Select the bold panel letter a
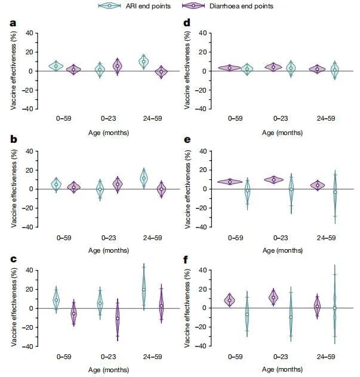13,24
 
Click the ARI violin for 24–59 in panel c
143,289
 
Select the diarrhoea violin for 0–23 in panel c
117,318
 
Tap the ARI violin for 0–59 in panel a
56,66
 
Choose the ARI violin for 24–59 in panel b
143,178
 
